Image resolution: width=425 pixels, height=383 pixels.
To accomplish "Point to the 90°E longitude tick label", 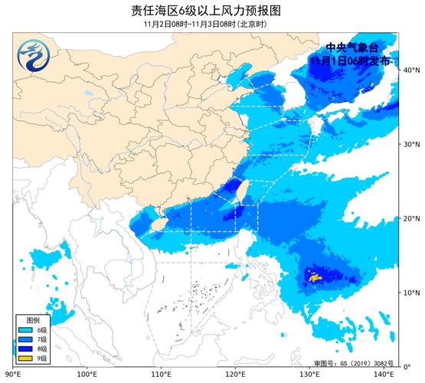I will coord(12,375).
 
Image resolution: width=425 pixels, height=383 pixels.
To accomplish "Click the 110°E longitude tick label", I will coord(161,375).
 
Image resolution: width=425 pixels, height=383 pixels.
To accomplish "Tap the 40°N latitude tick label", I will coord(411,70).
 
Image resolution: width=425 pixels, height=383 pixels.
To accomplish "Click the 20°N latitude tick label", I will coord(411,218).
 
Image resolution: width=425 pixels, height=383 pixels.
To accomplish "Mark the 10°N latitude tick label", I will coord(411,293).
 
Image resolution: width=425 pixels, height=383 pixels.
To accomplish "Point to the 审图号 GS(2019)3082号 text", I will coord(353,362).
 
